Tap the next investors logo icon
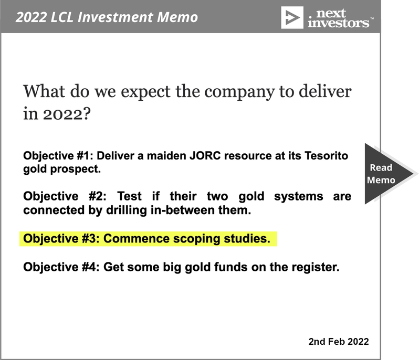(292, 18)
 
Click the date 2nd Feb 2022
(339, 342)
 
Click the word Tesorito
(326, 155)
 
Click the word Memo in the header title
(177, 17)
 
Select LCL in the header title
(62, 17)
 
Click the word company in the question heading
(239, 92)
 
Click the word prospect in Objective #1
(75, 169)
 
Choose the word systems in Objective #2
(299, 196)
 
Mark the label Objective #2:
(65, 196)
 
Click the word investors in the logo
(338, 23)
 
